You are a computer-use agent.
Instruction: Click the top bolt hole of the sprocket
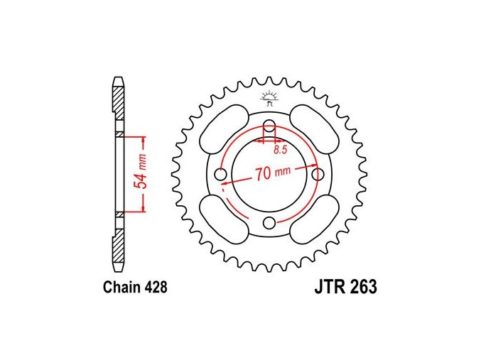click(269, 125)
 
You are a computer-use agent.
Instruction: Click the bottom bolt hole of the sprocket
click(269, 223)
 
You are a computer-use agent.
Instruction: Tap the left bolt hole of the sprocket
click(220, 175)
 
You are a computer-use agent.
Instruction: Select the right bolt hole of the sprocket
click(318, 175)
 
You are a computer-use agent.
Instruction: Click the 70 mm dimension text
click(272, 173)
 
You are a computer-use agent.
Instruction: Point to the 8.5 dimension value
click(280, 150)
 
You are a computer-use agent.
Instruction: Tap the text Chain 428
click(135, 287)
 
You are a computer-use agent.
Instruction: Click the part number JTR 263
click(346, 287)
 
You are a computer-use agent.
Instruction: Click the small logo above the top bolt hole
click(269, 99)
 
